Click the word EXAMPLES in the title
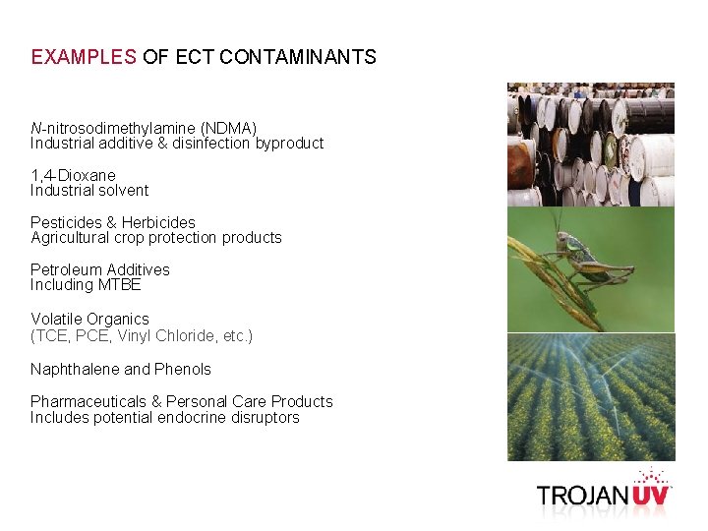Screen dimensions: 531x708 84,57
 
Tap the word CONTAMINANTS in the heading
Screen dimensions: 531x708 298,57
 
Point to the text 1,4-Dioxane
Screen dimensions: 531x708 73,175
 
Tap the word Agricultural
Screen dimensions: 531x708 71,237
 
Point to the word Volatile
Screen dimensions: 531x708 56,319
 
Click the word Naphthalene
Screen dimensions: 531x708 75,369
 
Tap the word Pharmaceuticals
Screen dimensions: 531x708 88,401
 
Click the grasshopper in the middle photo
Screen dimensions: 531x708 580,256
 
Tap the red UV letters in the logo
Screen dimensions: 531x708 650,494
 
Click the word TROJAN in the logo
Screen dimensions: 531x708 583,495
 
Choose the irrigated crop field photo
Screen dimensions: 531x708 590,397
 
